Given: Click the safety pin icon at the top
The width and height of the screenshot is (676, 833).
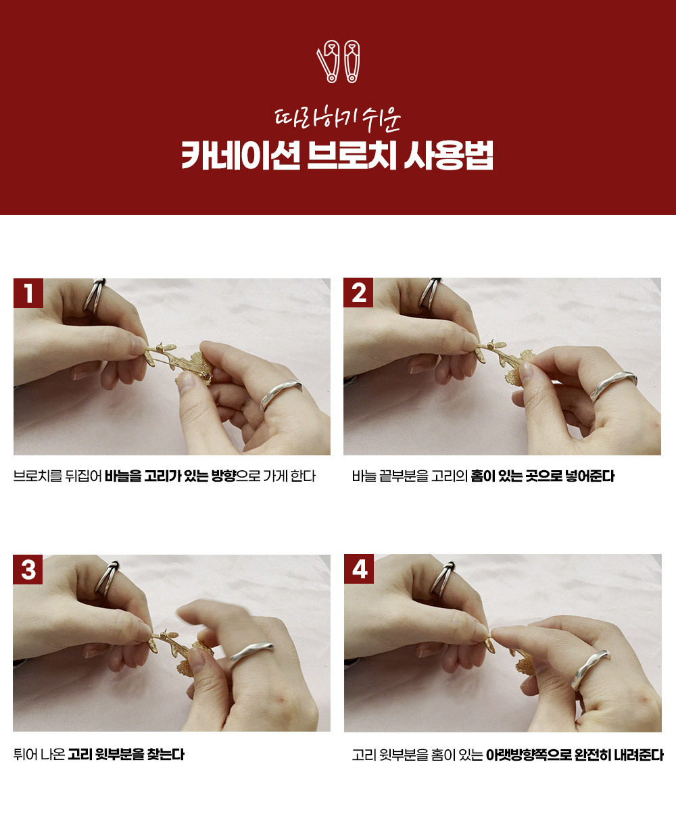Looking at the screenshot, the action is coord(338,61).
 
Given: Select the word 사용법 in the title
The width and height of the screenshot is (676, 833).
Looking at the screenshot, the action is coord(448,155).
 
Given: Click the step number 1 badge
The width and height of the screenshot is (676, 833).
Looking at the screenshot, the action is coord(28,293).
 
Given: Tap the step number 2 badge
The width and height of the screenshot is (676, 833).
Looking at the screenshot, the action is coord(358,293).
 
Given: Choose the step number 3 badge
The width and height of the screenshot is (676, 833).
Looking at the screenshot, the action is coord(28,570).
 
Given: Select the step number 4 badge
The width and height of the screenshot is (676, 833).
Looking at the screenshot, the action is coord(359,569).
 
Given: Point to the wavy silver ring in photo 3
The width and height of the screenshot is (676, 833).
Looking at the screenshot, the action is coord(250,653).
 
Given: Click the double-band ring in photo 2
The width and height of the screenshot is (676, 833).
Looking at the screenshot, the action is coord(429,293).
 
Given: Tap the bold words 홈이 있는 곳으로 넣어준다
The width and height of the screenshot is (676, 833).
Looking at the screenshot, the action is coord(542,476).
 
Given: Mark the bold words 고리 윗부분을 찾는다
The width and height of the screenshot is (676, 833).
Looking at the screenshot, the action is coord(126,755).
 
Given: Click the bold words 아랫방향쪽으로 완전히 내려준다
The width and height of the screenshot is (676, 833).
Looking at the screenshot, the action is coord(575,755).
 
